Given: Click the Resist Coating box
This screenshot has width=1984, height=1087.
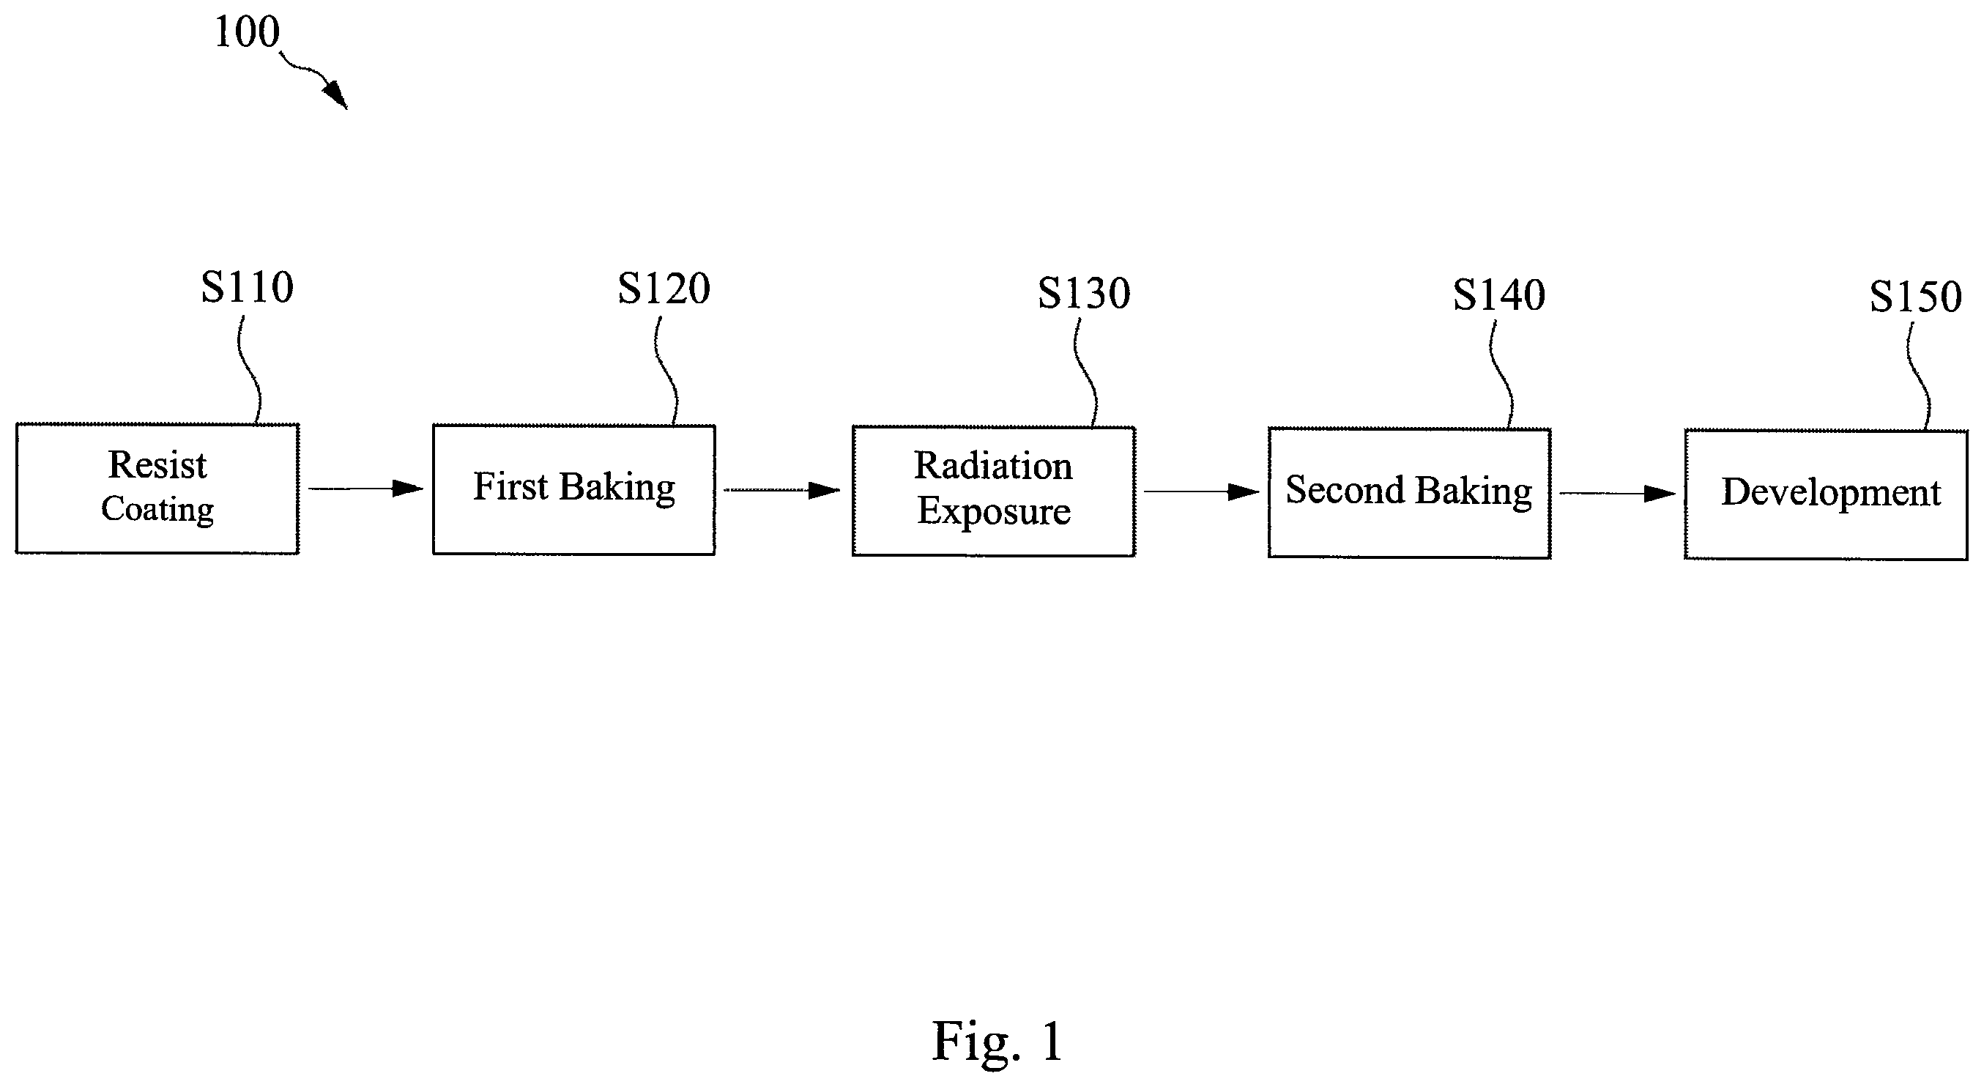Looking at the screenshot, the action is coord(157,489).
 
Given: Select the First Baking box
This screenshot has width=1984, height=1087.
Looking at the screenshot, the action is coord(573,490).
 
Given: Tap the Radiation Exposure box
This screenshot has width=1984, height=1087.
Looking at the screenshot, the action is coord(994,491).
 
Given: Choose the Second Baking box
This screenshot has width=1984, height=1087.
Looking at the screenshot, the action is coord(1409,493).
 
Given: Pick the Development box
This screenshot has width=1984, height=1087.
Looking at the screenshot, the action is coord(1826,494).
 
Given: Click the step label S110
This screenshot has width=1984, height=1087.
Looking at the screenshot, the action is coord(248,287).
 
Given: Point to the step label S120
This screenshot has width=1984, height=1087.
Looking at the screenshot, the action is coord(664,289).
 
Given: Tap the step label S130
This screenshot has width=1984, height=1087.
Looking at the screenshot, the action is coord(1084,293).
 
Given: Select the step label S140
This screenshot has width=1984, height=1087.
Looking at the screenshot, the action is coord(1498,295).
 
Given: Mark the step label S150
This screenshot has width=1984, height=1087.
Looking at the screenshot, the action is coord(1915,297).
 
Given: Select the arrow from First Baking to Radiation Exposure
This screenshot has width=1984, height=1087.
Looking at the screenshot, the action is coord(782,490).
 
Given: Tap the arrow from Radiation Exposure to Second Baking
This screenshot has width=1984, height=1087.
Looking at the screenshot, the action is coord(1202,491).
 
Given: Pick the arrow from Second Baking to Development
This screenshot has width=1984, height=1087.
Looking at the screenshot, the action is coord(1617,493).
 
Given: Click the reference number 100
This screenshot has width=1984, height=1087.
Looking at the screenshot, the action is coord(247,32).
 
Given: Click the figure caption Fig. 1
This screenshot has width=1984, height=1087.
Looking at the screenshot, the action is coord(997,1042).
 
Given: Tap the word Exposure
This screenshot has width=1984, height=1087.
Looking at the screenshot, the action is coord(994,511).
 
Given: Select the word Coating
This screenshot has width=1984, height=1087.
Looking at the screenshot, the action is coord(157,509).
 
